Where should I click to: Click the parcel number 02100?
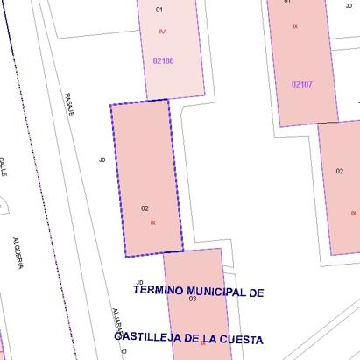163,60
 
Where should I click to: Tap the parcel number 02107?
302,84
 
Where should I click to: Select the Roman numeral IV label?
162,32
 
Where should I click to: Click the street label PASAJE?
70,104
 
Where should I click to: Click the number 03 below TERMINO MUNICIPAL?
193,299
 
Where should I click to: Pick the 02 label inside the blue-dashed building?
145,208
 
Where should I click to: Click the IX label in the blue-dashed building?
152,222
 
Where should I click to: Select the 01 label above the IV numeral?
159,9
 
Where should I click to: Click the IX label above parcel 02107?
295,26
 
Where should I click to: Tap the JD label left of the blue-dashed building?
102,159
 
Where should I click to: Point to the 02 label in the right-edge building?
340,171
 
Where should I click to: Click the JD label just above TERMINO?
138,281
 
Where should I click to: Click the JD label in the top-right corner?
349,4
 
